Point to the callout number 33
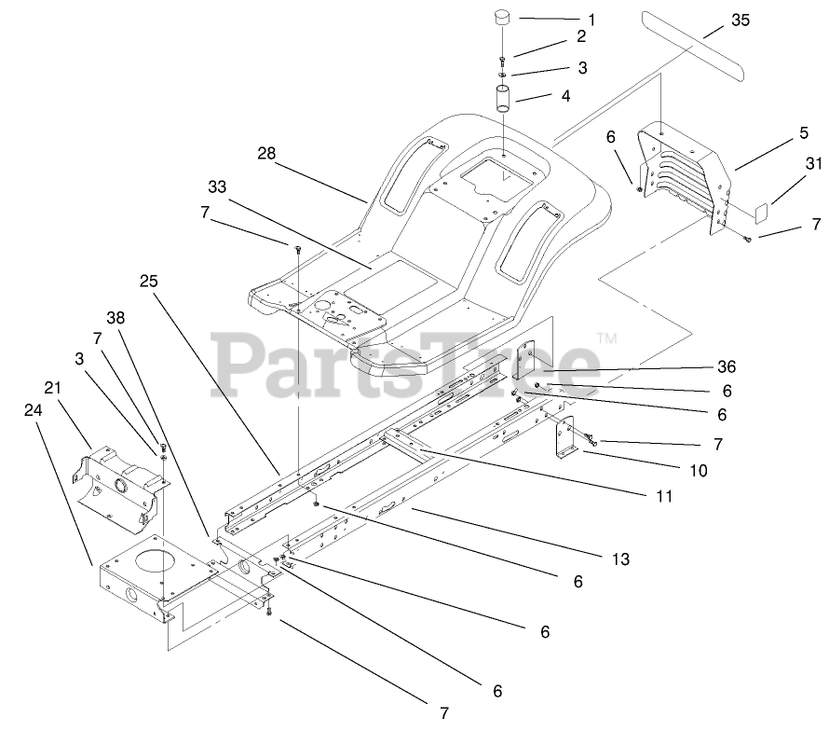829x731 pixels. point(217,187)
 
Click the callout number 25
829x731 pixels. point(151,280)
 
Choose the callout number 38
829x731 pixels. point(116,317)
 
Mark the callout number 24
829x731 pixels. point(31,407)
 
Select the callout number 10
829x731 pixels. point(699,471)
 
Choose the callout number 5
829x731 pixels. point(803,133)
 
